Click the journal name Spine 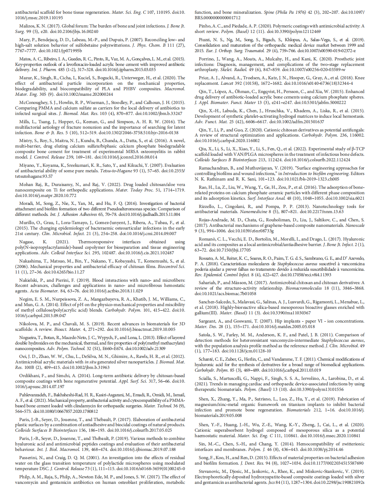(x=269, y=12)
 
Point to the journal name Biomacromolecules (x=304, y=288)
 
